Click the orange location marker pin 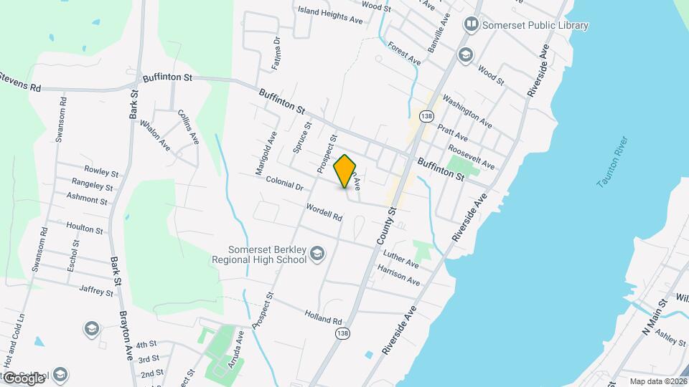(x=345, y=171)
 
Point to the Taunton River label (x=612, y=162)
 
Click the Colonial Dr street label (x=284, y=183)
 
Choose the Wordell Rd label (x=323, y=212)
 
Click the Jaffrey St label (x=96, y=291)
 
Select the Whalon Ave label (x=154, y=134)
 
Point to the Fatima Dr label (x=276, y=54)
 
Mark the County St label (x=387, y=226)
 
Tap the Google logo (x=24, y=378)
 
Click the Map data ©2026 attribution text (x=657, y=381)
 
